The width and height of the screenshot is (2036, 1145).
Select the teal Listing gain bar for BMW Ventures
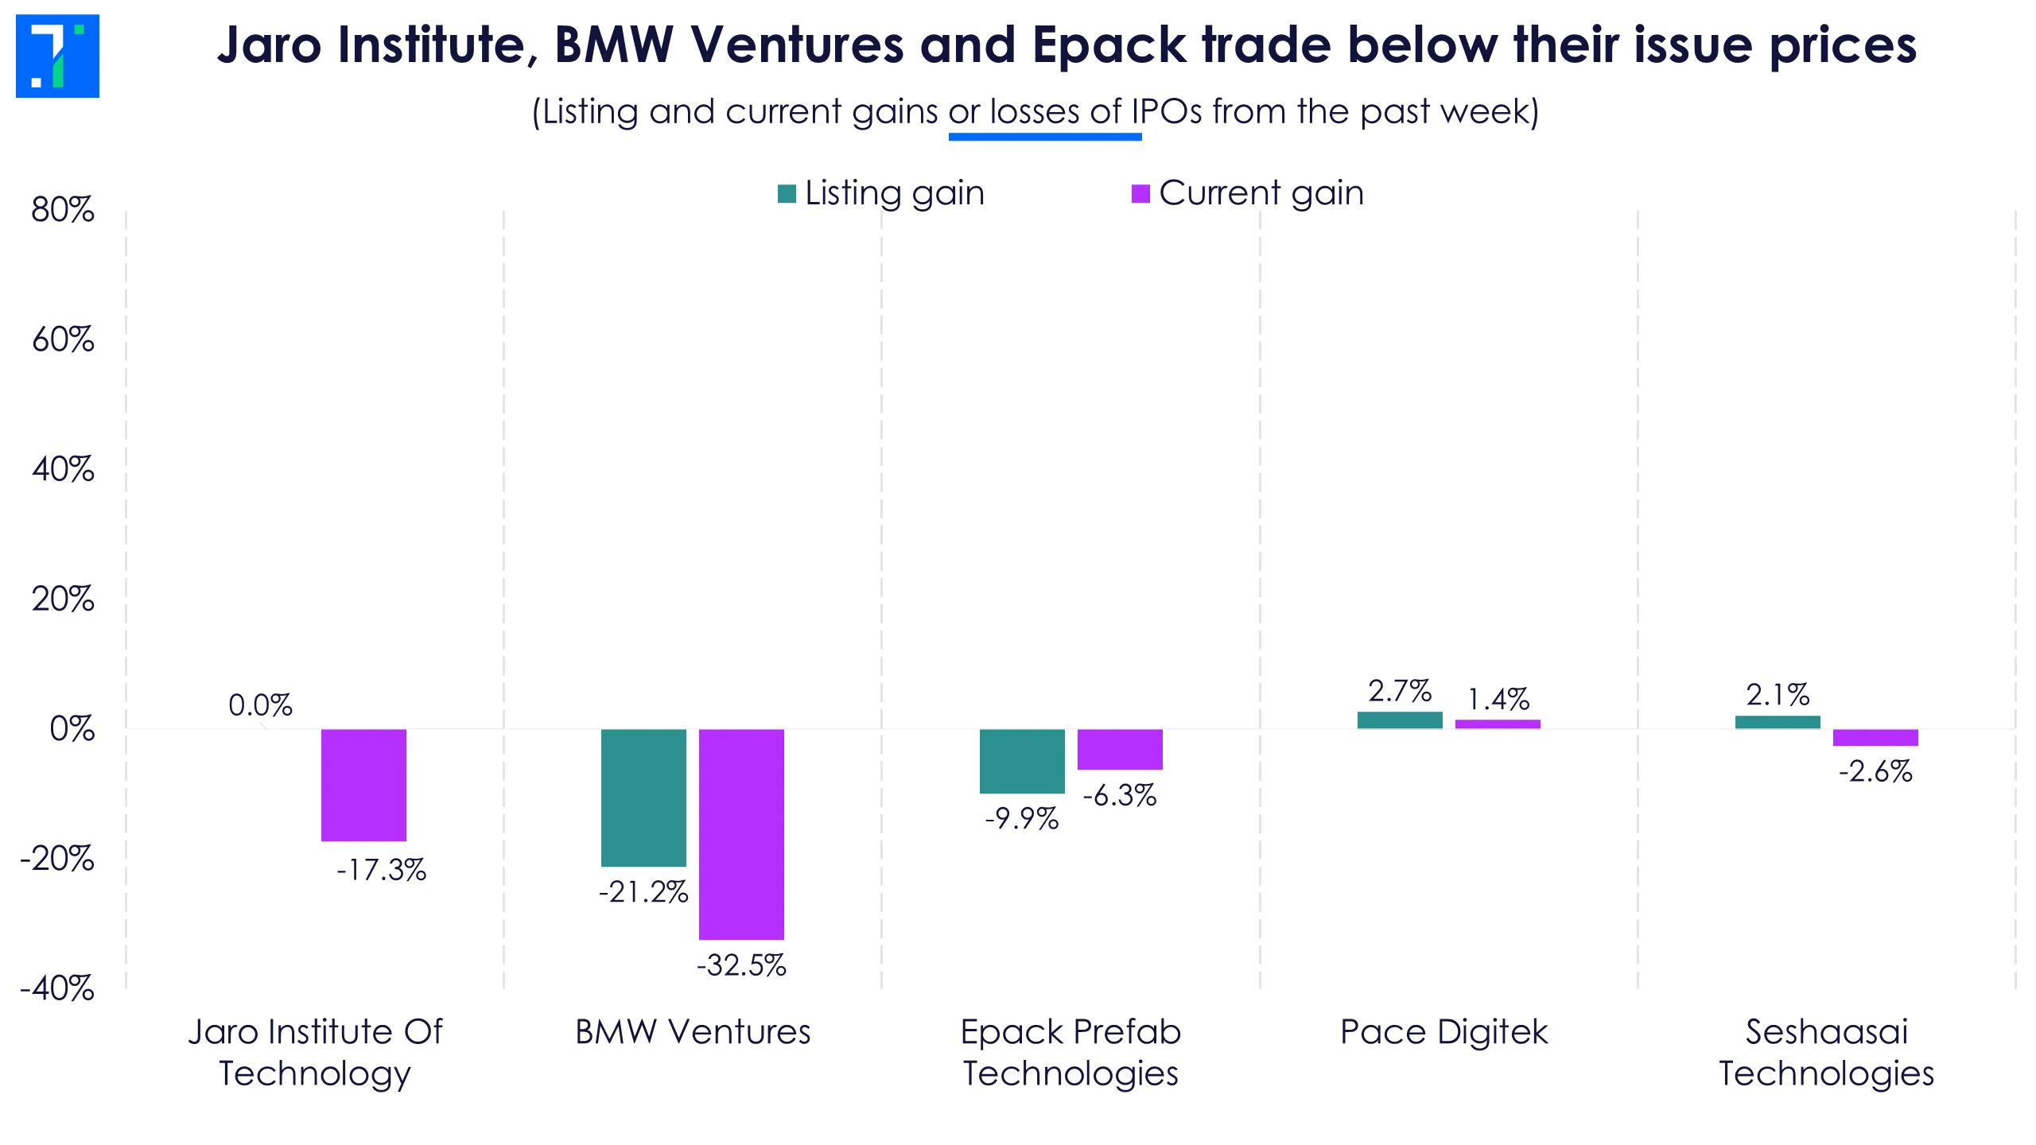(x=643, y=797)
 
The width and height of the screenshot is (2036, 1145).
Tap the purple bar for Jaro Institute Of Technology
(x=363, y=784)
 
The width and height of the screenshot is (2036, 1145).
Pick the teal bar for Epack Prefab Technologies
(x=1022, y=760)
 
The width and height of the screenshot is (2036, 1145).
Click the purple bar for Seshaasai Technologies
(x=1875, y=737)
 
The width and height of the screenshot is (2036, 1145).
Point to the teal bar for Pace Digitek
(x=1400, y=720)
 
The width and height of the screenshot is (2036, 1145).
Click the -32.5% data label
(x=741, y=965)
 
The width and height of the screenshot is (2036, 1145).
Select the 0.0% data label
(x=260, y=705)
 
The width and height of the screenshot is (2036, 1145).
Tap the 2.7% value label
(x=1400, y=691)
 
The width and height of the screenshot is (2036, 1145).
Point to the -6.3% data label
(x=1120, y=795)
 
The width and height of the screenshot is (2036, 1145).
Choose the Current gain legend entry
(x=1248, y=193)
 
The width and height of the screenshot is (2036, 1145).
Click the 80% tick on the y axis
(x=63, y=210)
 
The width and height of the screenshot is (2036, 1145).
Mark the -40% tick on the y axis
(x=57, y=989)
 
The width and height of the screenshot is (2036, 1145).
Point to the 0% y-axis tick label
(x=72, y=729)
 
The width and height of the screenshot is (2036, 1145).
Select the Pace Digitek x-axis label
(x=1443, y=1032)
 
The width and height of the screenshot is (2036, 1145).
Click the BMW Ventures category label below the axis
(x=693, y=1032)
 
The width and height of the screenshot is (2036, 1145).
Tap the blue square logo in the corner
(x=57, y=56)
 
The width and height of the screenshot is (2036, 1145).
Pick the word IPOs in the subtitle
(x=1167, y=112)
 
